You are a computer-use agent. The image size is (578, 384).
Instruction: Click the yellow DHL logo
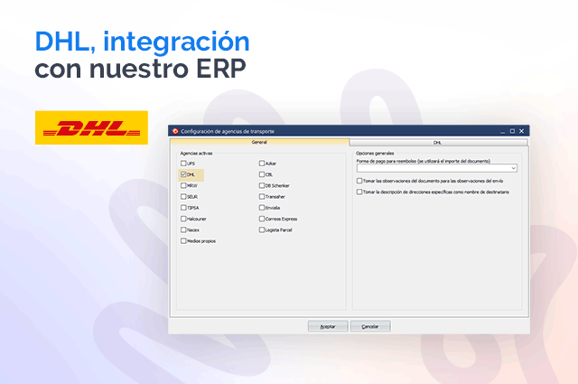click(x=90, y=127)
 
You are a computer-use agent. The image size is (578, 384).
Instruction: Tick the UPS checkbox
click(x=183, y=164)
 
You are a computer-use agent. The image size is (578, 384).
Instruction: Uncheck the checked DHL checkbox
click(x=183, y=174)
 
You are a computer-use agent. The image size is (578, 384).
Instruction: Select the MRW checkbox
click(x=183, y=185)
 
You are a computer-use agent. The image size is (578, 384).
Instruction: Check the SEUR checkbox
click(x=183, y=196)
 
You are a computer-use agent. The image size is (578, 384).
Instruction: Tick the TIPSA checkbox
click(x=183, y=208)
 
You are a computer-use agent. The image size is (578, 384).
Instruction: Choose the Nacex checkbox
click(x=183, y=229)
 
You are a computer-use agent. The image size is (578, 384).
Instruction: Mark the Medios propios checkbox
click(x=183, y=241)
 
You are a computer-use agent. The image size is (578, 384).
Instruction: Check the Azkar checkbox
click(x=262, y=164)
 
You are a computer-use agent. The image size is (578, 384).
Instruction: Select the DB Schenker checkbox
click(x=262, y=185)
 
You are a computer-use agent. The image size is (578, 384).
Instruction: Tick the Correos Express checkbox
click(x=262, y=219)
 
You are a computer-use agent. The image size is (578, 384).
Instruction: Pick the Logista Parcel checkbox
click(x=262, y=229)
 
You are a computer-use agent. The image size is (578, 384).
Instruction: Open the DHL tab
click(x=437, y=143)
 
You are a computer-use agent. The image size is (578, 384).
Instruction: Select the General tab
click(x=259, y=143)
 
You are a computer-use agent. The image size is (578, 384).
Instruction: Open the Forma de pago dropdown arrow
click(x=513, y=168)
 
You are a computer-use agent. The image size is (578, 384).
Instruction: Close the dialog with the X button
click(x=522, y=131)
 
